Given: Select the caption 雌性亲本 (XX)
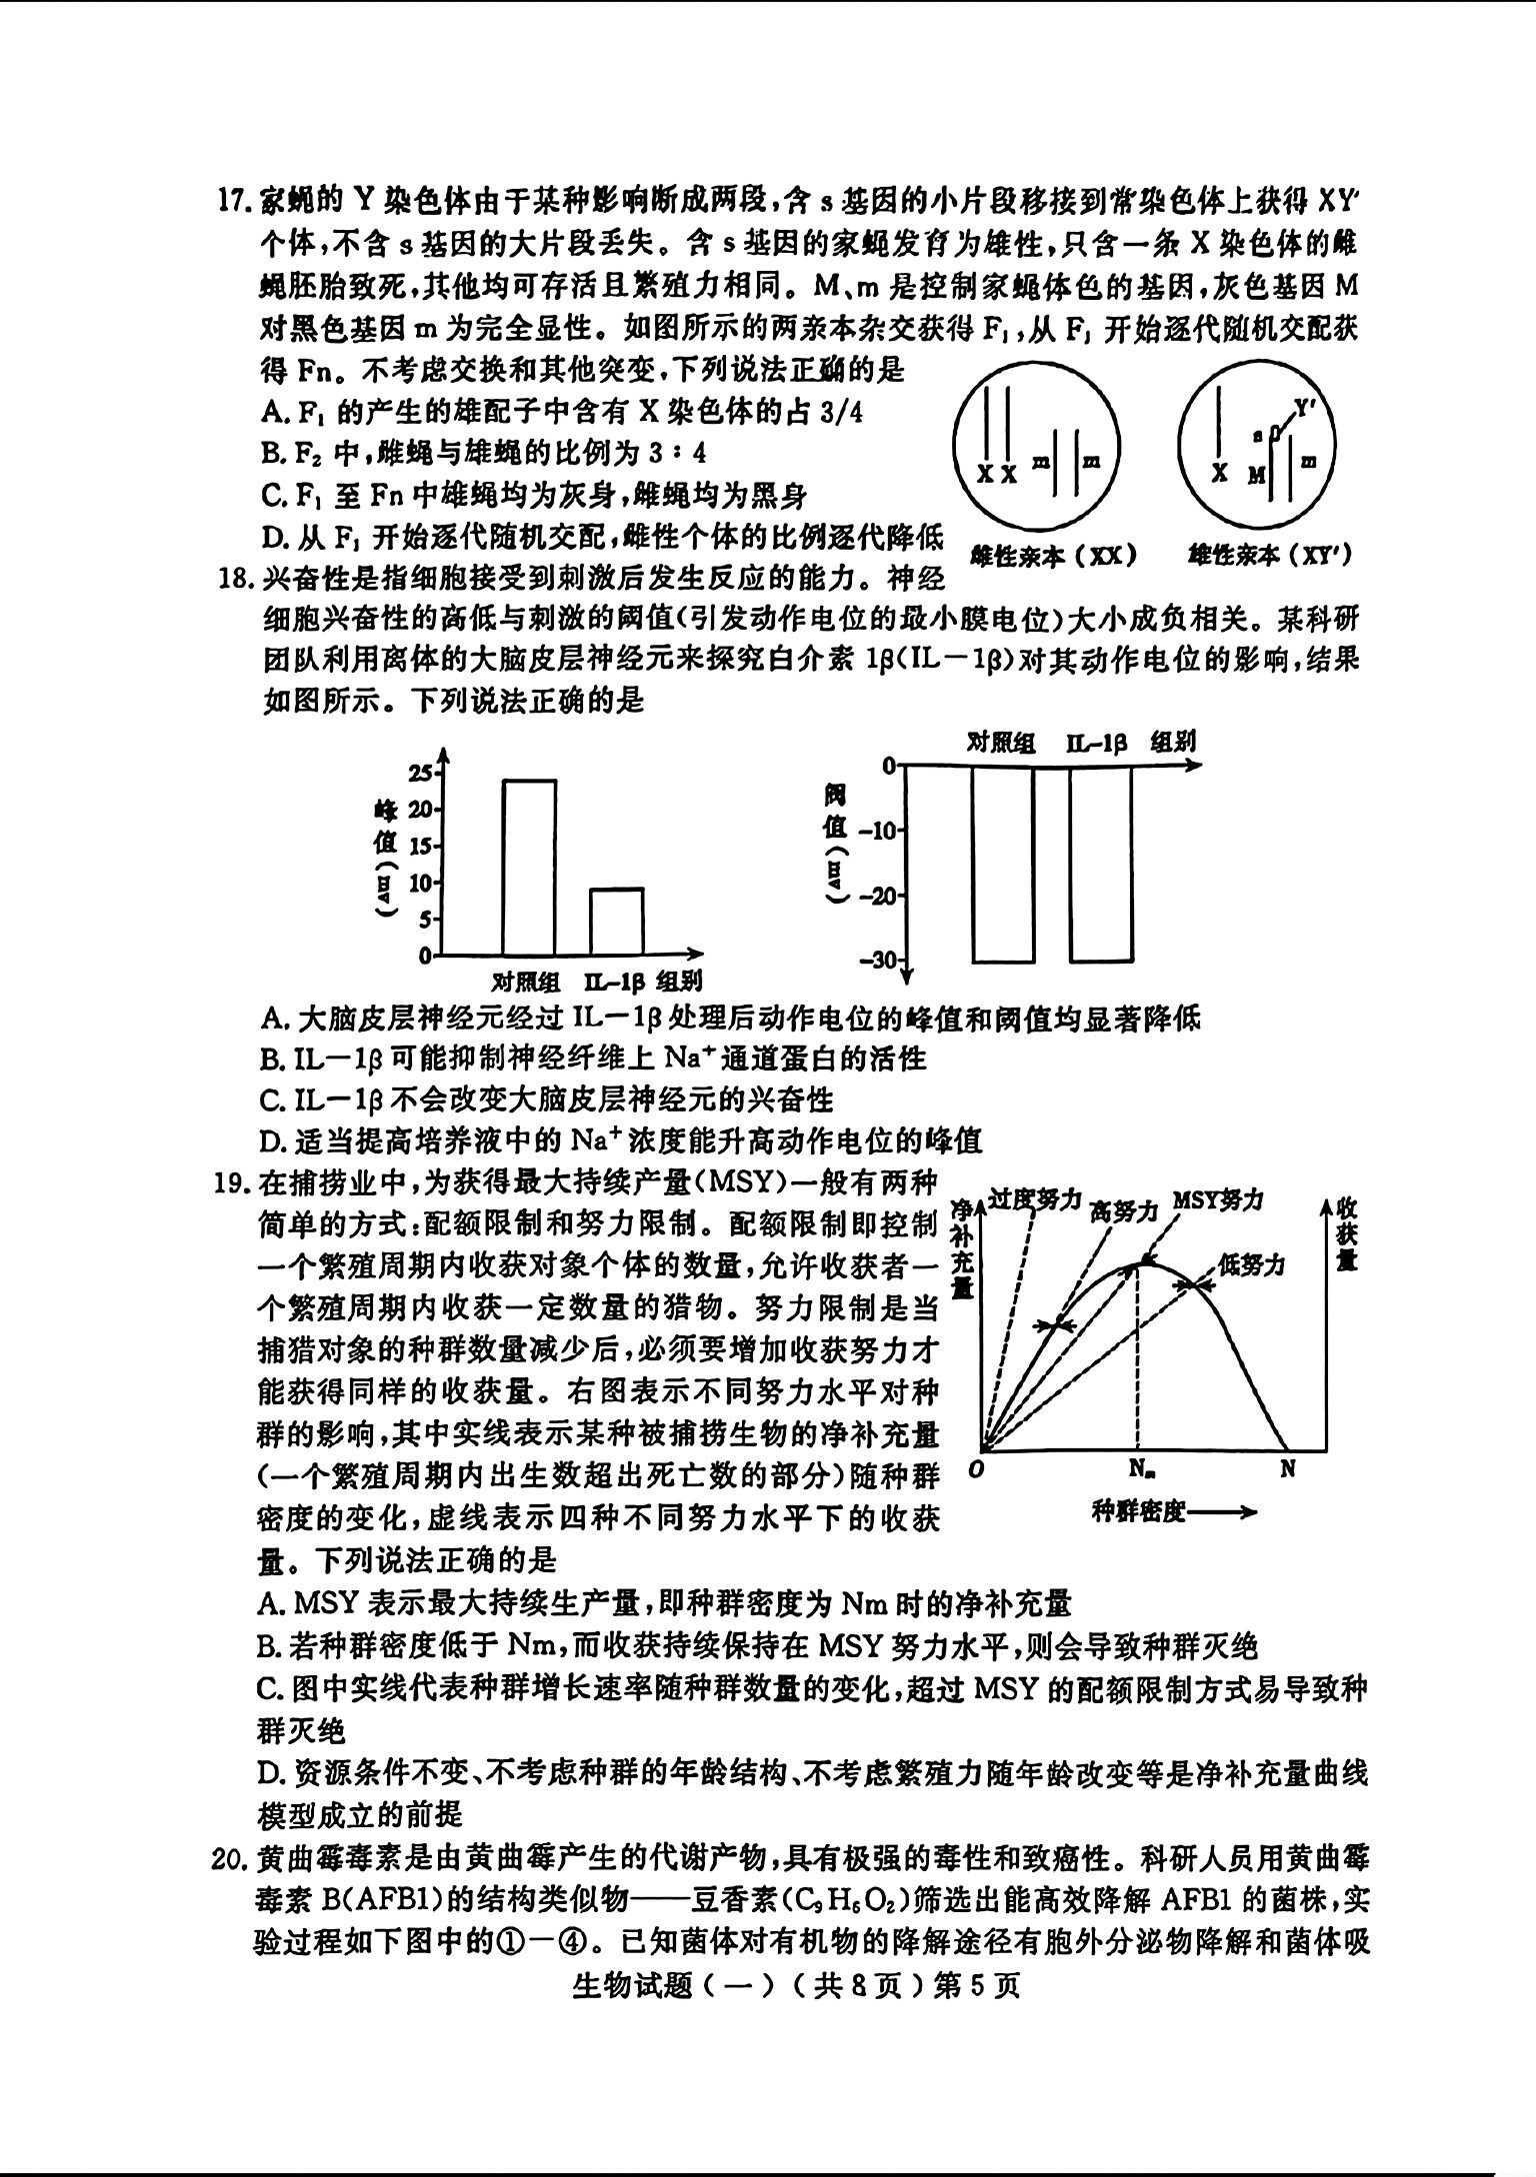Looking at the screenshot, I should (x=1053, y=556).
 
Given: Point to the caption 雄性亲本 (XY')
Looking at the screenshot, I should (x=1269, y=556).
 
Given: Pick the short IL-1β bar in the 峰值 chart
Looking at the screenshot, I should (x=616, y=921).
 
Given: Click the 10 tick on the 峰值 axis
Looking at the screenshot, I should (x=422, y=883).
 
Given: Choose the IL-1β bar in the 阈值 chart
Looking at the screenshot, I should (x=1101, y=863).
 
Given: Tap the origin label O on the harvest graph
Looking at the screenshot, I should (x=978, y=1469).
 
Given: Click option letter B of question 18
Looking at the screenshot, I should (x=270, y=1059).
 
